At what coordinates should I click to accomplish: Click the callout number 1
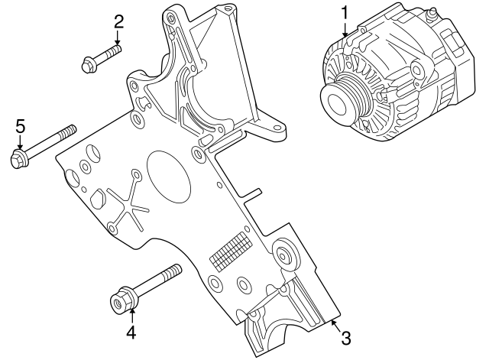(x=345, y=13)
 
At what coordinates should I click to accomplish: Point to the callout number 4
(x=131, y=332)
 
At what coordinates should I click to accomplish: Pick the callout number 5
(x=21, y=126)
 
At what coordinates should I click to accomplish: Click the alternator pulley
(x=341, y=96)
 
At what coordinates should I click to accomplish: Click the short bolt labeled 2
(x=102, y=59)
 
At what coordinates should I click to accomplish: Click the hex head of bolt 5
(x=18, y=159)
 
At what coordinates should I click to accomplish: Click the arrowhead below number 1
(x=345, y=34)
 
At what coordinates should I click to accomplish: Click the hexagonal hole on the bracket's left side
(x=97, y=201)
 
